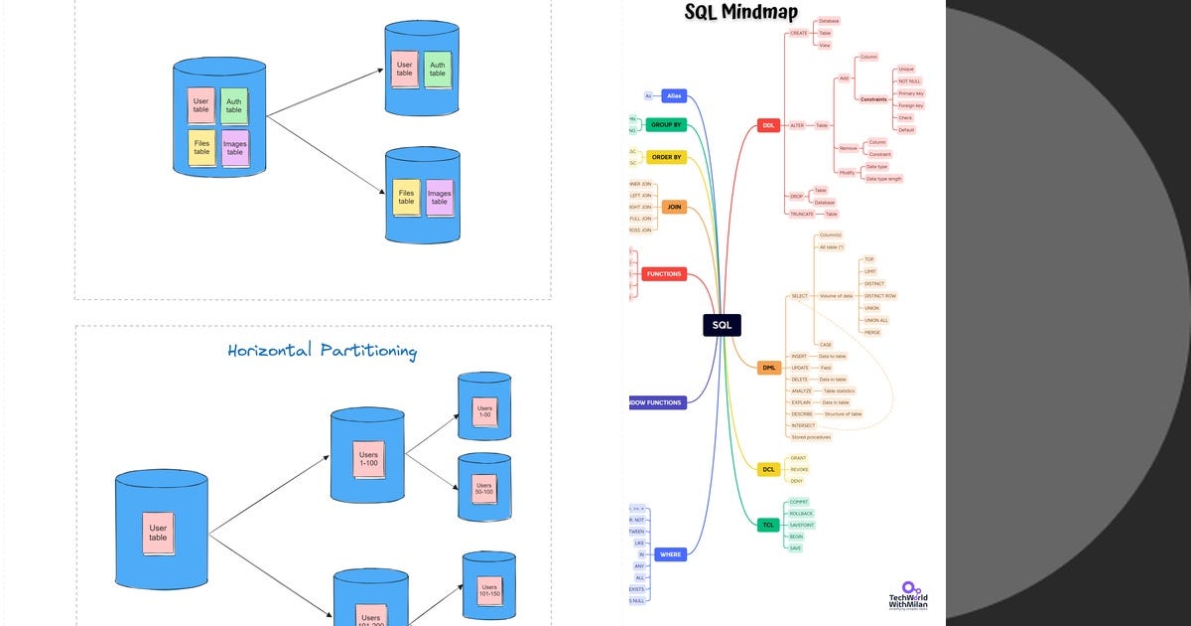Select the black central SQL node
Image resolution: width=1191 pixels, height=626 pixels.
point(722,325)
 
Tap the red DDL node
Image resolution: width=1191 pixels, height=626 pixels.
point(768,125)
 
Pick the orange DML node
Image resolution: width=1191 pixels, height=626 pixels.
point(768,368)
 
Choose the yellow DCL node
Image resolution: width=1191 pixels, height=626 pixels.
point(768,469)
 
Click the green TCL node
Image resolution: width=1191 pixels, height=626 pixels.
point(768,525)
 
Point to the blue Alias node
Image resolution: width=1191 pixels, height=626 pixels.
point(675,96)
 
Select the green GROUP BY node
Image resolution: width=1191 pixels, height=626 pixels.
point(665,125)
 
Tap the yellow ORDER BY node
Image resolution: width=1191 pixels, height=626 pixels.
point(665,157)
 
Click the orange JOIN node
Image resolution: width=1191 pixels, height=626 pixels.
point(674,208)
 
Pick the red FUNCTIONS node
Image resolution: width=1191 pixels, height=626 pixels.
point(663,273)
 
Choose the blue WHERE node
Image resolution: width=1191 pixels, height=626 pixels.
point(671,553)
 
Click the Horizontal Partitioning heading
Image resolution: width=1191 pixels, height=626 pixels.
point(322,351)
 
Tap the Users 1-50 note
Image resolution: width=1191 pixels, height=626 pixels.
point(485,411)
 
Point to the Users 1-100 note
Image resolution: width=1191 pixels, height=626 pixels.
point(368,460)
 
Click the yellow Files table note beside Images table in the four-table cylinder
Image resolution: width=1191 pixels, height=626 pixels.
point(201,147)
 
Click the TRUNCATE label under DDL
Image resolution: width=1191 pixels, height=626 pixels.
point(801,214)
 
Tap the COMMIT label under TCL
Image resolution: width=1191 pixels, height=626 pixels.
point(798,502)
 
